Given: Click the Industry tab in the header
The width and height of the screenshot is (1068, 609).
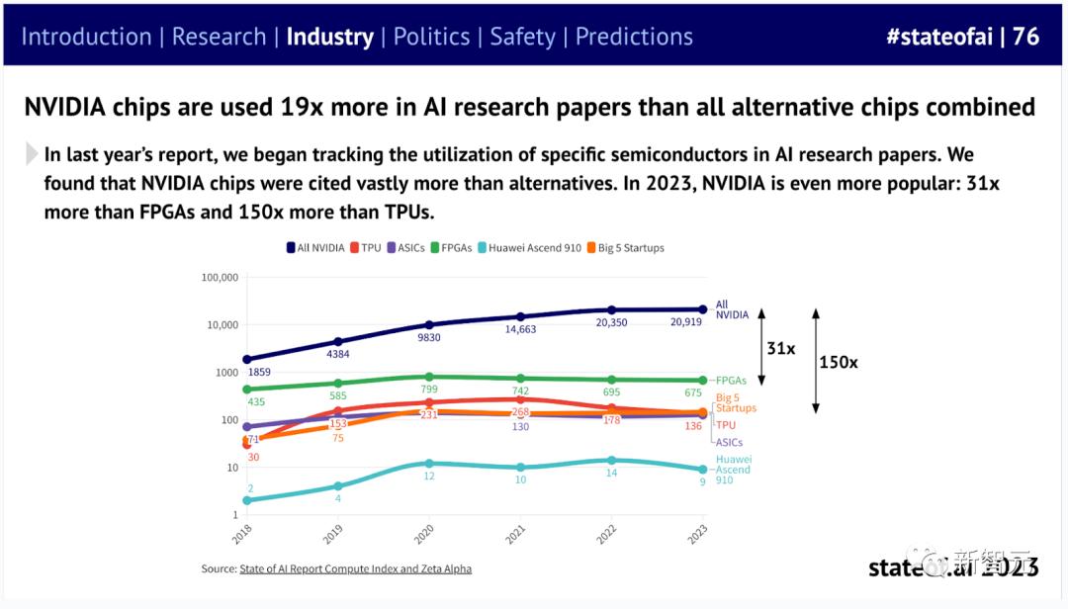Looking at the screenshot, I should click(x=329, y=37).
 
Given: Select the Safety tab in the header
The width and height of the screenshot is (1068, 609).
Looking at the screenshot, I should click(x=522, y=37).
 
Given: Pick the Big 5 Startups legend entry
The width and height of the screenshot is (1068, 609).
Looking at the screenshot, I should click(x=626, y=248).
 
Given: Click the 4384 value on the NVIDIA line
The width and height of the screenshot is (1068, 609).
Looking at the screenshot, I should click(x=338, y=354).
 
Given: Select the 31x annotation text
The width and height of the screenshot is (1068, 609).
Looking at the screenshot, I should click(x=780, y=348).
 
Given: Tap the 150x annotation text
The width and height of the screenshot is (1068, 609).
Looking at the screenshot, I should click(x=839, y=363).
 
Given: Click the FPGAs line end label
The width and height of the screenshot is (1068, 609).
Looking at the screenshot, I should click(x=731, y=381).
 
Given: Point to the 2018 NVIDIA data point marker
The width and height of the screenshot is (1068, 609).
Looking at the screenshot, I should click(x=246, y=360).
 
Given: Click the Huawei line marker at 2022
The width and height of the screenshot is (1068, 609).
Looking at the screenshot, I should click(x=611, y=460).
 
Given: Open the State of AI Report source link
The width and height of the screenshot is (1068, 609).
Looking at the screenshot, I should click(x=355, y=568).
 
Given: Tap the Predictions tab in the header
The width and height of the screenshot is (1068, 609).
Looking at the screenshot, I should click(x=634, y=37).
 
